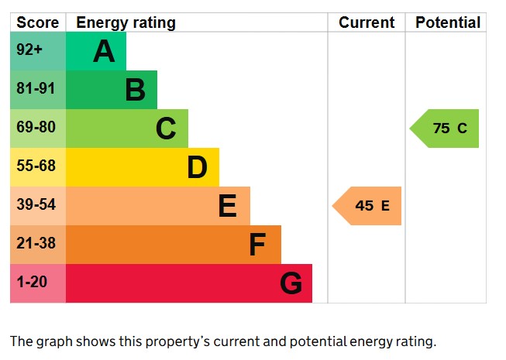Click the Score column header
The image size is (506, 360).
(38, 22)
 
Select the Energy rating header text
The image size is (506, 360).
(126, 23)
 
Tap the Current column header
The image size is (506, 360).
(367, 22)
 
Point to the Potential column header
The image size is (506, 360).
(448, 22)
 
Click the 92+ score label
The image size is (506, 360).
(29, 50)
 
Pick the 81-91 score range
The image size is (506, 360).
(36, 88)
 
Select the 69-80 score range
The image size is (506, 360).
(36, 127)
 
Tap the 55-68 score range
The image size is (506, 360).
(36, 166)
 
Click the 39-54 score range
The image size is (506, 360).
(36, 204)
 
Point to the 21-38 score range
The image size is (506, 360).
(36, 243)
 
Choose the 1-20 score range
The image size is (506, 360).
(32, 282)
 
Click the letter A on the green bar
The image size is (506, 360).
(104, 51)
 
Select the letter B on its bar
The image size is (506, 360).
(135, 90)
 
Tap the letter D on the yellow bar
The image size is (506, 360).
(197, 167)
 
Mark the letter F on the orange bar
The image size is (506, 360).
(257, 245)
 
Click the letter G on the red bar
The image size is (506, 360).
(291, 283)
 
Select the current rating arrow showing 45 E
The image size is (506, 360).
(367, 206)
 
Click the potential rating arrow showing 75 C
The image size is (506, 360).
(444, 129)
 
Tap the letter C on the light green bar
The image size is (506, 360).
(166, 129)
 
